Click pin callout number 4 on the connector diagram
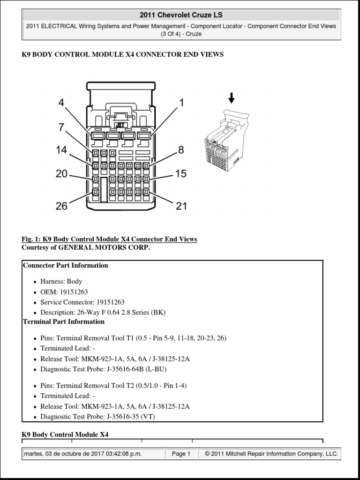(x=61, y=103)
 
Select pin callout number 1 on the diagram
(x=181, y=103)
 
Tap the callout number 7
(x=61, y=127)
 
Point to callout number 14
(x=61, y=150)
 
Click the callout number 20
(x=61, y=174)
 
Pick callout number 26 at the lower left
(x=61, y=206)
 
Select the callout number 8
(x=181, y=150)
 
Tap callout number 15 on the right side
(x=181, y=174)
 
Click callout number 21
(x=181, y=206)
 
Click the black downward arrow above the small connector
(x=231, y=98)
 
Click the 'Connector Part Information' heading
(x=65, y=265)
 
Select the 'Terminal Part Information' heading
(x=64, y=322)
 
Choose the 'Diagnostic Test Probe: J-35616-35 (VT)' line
(x=97, y=416)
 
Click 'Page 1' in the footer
(x=181, y=454)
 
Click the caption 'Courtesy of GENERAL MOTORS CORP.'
(x=86, y=247)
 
